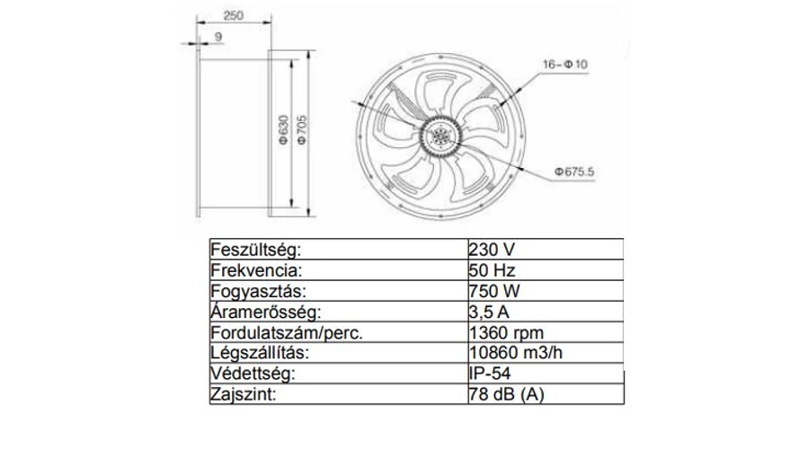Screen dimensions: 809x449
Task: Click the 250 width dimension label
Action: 233,16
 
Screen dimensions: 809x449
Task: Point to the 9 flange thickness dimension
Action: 218,37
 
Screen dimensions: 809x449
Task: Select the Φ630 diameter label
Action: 283,130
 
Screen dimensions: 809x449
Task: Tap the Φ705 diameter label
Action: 302,130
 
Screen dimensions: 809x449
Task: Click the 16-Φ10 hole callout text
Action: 565,65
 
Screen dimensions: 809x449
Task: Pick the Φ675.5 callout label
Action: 574,172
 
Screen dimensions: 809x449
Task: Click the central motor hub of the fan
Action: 440,136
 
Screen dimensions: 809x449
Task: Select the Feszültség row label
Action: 255,250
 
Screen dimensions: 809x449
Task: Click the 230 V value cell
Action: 492,250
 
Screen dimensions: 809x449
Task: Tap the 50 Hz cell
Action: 492,270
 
